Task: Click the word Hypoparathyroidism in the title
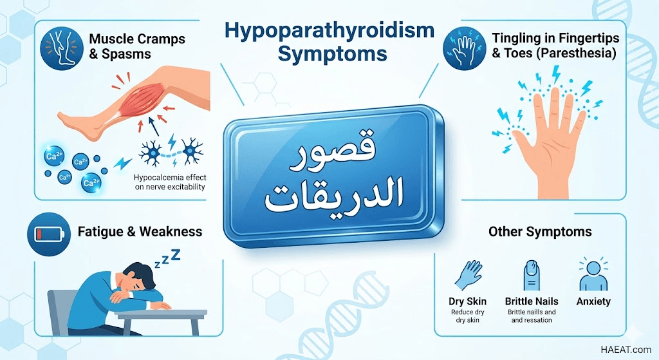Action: coord(329,32)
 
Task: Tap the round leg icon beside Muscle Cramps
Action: coord(62,48)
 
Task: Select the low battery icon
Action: coord(49,234)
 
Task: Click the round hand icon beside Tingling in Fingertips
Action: coord(465,48)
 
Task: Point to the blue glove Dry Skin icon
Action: coord(467,275)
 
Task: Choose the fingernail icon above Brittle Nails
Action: coord(531,275)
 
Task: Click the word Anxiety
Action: coord(593,301)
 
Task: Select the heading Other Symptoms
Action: coord(540,232)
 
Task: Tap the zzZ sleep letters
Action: coord(168,258)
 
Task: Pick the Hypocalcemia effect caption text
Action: coord(170,182)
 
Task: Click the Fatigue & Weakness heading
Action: coord(140,232)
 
